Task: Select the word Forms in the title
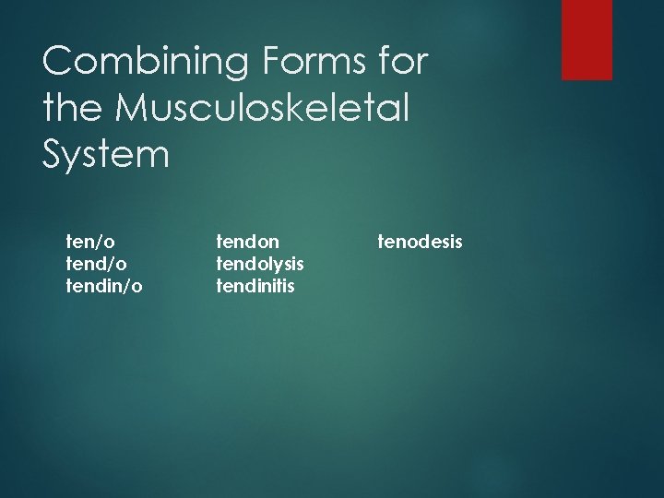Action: (292, 64)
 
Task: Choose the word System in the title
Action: (106, 154)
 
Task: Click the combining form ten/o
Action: (90, 242)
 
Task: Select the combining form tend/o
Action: (96, 264)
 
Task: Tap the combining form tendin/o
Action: (104, 286)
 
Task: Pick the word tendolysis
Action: (260, 264)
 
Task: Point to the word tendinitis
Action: (255, 286)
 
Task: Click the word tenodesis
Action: (421, 242)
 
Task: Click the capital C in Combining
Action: (59, 64)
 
